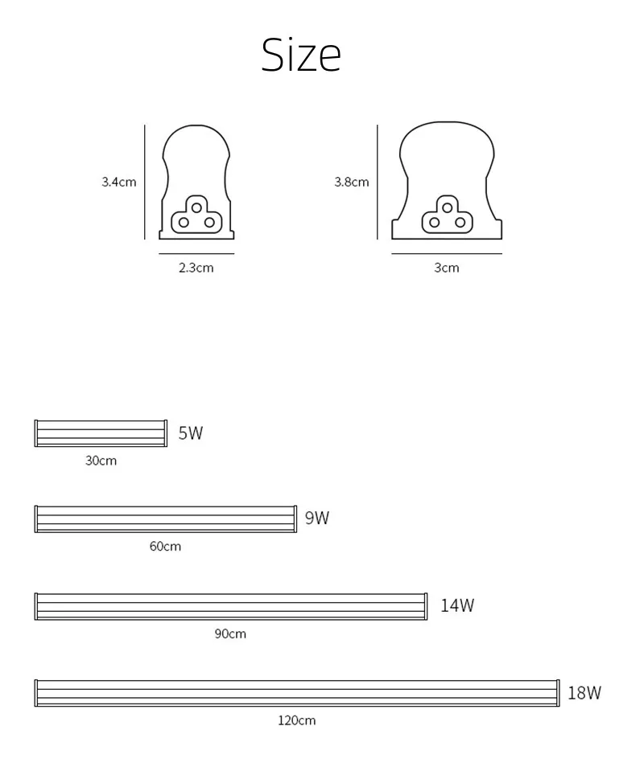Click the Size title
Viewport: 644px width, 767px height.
301,55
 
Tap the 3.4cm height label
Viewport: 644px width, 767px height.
119,182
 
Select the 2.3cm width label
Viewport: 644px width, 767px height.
196,268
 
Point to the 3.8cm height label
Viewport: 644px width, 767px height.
352,182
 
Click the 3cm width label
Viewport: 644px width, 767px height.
447,268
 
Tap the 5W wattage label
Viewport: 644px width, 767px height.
191,433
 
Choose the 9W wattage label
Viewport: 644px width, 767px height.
317,518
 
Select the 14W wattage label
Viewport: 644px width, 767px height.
457,605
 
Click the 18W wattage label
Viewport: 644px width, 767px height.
584,693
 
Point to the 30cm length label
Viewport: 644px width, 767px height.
101,461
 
